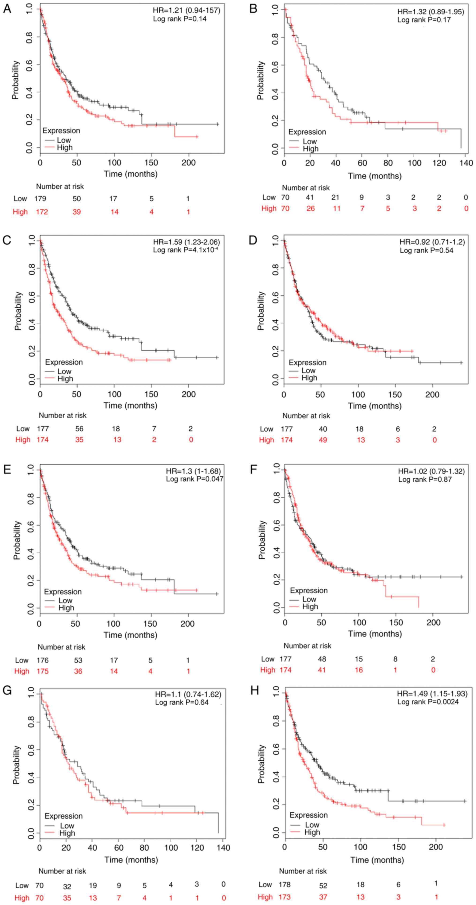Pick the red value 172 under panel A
[x=41, y=212]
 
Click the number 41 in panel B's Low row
[x=310, y=197]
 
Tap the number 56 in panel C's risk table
[x=79, y=429]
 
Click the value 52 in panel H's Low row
[x=323, y=886]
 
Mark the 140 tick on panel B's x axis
[x=466, y=163]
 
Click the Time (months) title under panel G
[x=131, y=860]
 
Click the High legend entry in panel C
[x=65, y=379]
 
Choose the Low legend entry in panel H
[x=312, y=825]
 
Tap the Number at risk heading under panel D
[x=306, y=416]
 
